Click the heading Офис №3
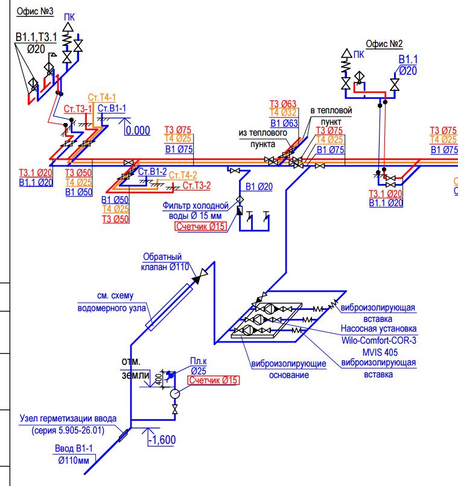pyautogui.click(x=35, y=11)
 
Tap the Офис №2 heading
pyautogui.click(x=384, y=43)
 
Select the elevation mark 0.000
pyautogui.click(x=138, y=130)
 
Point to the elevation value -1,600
pyautogui.click(x=162, y=440)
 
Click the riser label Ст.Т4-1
pyautogui.click(x=102, y=97)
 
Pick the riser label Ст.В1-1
pyautogui.click(x=112, y=108)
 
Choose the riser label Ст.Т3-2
pyautogui.click(x=197, y=185)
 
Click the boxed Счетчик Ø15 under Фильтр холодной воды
pyautogui.click(x=201, y=227)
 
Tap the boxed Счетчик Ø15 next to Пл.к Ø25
pyautogui.click(x=214, y=380)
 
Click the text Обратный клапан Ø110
pyautogui.click(x=165, y=262)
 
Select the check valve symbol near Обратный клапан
pyautogui.click(x=199, y=277)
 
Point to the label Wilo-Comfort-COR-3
pyautogui.click(x=378, y=340)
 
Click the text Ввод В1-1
pyautogui.click(x=74, y=448)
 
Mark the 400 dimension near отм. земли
pyautogui.click(x=158, y=379)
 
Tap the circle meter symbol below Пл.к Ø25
pyautogui.click(x=175, y=394)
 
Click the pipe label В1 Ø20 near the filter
pyautogui.click(x=259, y=186)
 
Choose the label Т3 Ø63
pyautogui.click(x=283, y=104)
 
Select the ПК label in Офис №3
pyautogui.click(x=69, y=17)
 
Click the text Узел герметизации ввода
pyautogui.click(x=68, y=418)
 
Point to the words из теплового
pyautogui.click(x=262, y=133)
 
